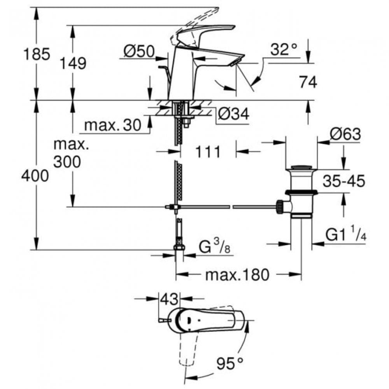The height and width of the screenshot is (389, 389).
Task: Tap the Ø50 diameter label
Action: (139, 51)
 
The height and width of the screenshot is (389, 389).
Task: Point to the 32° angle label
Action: (284, 49)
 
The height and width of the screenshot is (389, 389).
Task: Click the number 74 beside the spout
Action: (308, 82)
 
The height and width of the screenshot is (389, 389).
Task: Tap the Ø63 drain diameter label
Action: (345, 135)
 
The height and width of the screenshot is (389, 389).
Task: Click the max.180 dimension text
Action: (237, 275)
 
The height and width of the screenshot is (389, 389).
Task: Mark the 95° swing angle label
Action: (230, 364)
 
